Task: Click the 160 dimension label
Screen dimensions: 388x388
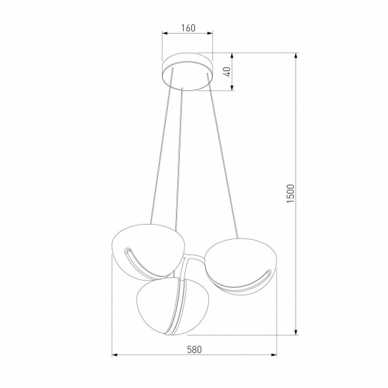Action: [x=188, y=28]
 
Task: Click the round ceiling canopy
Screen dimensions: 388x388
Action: [x=188, y=70]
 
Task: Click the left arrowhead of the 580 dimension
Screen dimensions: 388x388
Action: [x=114, y=356]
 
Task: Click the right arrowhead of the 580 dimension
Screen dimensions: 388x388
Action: [x=274, y=356]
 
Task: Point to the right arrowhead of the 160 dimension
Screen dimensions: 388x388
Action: [x=211, y=36]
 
